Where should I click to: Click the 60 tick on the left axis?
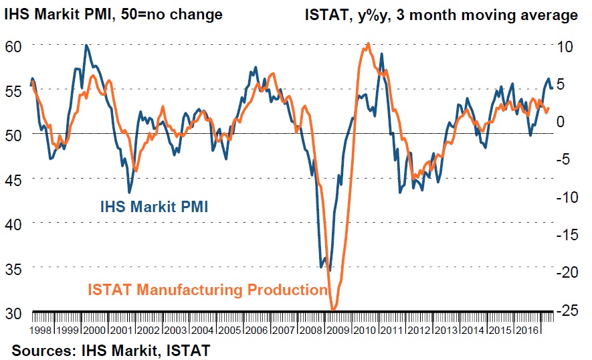pos(14,46)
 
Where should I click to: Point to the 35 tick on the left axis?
pos(14,268)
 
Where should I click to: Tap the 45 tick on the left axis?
pos(14,179)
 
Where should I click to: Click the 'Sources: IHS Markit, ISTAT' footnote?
pos(110,349)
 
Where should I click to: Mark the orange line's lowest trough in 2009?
pos(333,310)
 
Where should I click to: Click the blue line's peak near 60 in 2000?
pos(86,46)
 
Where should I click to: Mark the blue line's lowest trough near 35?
pos(329,270)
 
